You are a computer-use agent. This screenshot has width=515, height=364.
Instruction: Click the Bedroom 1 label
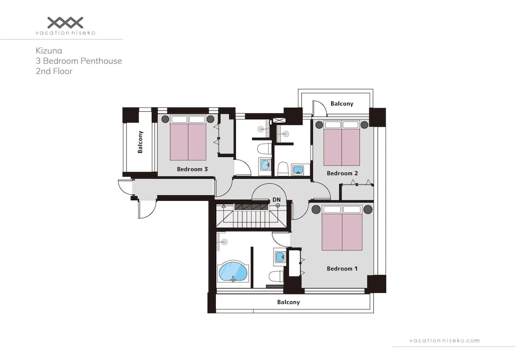pyautogui.click(x=342, y=269)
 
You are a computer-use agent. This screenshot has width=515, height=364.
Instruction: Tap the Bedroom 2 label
pyautogui.click(x=342, y=173)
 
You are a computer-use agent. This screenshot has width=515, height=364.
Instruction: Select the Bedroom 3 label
pyautogui.click(x=192, y=169)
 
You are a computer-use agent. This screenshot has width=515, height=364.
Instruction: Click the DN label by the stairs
pyautogui.click(x=277, y=199)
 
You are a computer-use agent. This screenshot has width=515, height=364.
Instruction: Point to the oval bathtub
pyautogui.click(x=233, y=271)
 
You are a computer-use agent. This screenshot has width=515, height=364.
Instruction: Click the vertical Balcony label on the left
pyautogui.click(x=140, y=142)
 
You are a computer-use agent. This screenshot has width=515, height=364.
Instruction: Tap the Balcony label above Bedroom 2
pyautogui.click(x=342, y=103)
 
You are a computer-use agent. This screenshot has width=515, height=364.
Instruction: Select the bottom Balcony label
pyautogui.click(x=288, y=302)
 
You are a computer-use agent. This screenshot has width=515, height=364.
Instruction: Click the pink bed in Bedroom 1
pyautogui.click(x=342, y=232)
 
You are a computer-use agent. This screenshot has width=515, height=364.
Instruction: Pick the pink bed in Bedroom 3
pyautogui.click(x=188, y=142)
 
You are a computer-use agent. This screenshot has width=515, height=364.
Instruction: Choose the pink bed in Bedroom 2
pyautogui.click(x=341, y=147)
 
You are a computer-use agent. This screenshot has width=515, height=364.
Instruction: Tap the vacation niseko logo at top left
pyautogui.click(x=65, y=23)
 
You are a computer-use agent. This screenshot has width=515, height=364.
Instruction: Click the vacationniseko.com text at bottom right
pyautogui.click(x=444, y=340)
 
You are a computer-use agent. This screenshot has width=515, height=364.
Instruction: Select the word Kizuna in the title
pyautogui.click(x=49, y=50)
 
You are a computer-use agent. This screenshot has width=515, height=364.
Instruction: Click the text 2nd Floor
pyautogui.click(x=54, y=71)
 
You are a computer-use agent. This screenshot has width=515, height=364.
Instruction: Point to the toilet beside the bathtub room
pyautogui.click(x=276, y=276)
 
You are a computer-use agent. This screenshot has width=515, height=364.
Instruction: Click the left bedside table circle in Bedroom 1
pyautogui.click(x=316, y=210)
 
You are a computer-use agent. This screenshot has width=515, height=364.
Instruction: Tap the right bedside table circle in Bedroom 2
pyautogui.click(x=364, y=125)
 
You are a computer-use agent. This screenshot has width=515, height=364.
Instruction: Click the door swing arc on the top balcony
pyautogui.click(x=319, y=107)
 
